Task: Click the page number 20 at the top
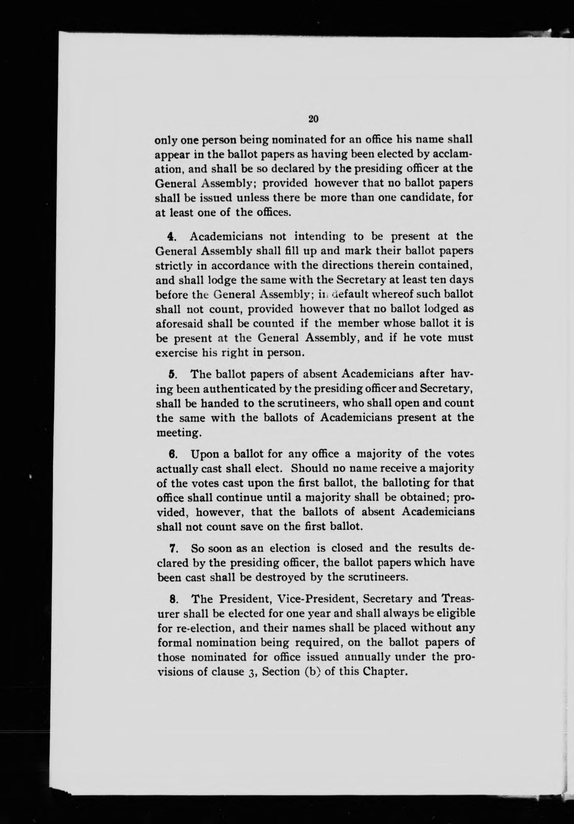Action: pos(313,118)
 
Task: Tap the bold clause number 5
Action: pos(172,374)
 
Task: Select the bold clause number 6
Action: pos(172,454)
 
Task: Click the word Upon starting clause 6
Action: pos(205,454)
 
